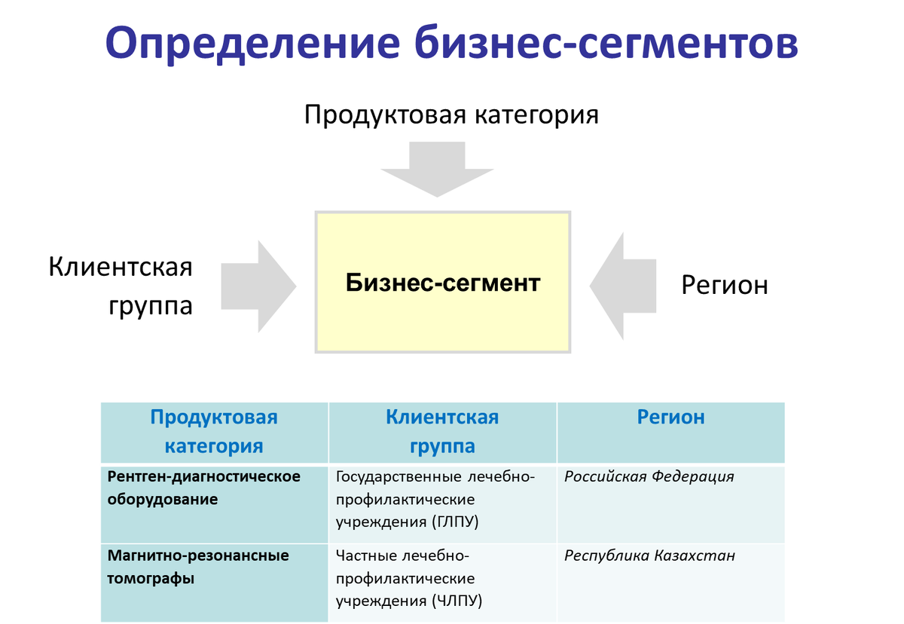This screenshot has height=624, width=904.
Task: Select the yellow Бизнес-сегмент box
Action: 443,283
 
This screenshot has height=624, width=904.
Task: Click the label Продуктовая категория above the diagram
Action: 451,115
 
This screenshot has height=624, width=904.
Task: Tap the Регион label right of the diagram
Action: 725,285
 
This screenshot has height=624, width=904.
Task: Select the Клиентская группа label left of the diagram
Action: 121,286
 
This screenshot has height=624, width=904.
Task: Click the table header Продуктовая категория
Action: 214,431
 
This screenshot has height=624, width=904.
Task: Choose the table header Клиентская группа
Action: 442,431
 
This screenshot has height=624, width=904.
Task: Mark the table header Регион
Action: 670,418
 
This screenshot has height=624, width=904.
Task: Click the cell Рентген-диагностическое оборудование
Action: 203,488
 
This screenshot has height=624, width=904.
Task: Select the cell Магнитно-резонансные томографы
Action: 198,567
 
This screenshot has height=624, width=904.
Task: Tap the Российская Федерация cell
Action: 649,476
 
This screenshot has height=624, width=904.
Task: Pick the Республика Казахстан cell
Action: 649,556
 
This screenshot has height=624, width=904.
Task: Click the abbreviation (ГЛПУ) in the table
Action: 456,522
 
